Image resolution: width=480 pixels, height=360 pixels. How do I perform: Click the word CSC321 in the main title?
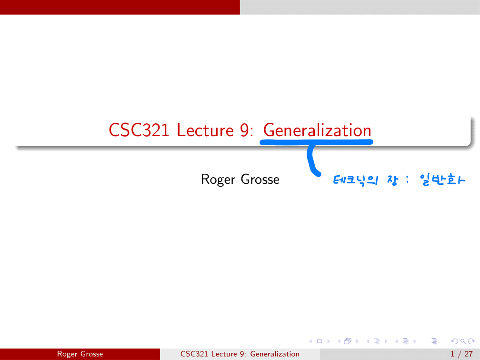tap(139, 130)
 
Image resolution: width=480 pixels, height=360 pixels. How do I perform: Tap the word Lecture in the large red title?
tap(205, 130)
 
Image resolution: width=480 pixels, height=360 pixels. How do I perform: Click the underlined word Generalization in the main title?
tap(317, 130)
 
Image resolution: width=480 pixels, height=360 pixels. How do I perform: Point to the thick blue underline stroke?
tap(316, 142)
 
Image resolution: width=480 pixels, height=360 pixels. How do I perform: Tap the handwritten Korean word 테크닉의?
tap(355, 180)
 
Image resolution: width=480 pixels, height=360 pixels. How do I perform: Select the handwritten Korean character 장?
tap(392, 180)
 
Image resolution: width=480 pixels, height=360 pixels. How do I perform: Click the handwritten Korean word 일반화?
tap(442, 180)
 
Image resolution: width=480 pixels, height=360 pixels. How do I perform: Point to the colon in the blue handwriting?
tap(407, 180)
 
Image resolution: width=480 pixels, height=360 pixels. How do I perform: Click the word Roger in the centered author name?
tap(218, 180)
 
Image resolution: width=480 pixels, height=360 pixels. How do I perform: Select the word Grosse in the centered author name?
tap(260, 180)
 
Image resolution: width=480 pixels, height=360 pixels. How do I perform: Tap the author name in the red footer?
tap(80, 354)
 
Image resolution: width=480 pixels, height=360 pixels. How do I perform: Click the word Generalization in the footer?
tap(275, 354)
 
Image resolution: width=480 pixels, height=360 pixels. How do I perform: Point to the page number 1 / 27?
tap(461, 354)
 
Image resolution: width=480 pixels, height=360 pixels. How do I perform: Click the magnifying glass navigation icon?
tap(463, 341)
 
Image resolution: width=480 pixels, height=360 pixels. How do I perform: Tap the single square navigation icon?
tap(320, 341)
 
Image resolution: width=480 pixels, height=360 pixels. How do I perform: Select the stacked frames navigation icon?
tap(348, 341)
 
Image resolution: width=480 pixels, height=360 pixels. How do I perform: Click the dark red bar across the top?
tap(120, 7)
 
